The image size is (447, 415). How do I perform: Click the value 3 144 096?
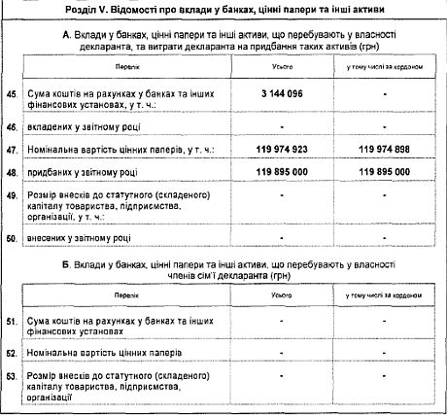click(x=279, y=93)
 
